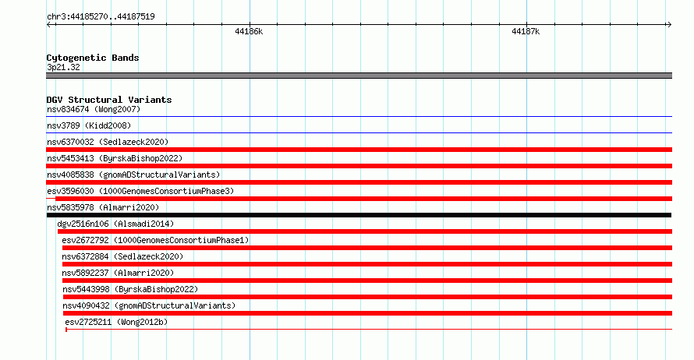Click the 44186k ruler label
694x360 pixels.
click(249, 31)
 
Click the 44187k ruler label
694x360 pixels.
click(526, 31)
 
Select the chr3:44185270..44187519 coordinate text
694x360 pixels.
click(101, 17)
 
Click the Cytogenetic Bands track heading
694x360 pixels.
click(93, 58)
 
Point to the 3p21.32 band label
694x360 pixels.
click(63, 67)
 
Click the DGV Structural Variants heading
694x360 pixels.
click(109, 100)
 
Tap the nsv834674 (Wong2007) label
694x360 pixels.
click(94, 109)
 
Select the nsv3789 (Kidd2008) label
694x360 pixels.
click(89, 125)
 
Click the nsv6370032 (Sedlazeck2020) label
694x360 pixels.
click(108, 142)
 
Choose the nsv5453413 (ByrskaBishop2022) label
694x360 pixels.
click(115, 158)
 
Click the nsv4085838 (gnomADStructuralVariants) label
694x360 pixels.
click(133, 175)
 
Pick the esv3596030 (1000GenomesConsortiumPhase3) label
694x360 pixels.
click(140, 191)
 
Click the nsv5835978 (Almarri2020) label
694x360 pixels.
click(103, 207)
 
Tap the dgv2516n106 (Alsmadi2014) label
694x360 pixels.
click(115, 224)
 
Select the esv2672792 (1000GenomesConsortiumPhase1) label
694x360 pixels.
click(155, 240)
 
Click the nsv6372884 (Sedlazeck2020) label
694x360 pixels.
click(122, 256)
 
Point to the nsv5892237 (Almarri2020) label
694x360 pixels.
click(119, 273)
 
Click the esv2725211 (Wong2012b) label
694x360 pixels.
click(116, 322)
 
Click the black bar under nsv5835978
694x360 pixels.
click(359, 215)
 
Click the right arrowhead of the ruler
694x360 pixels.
click(670, 25)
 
